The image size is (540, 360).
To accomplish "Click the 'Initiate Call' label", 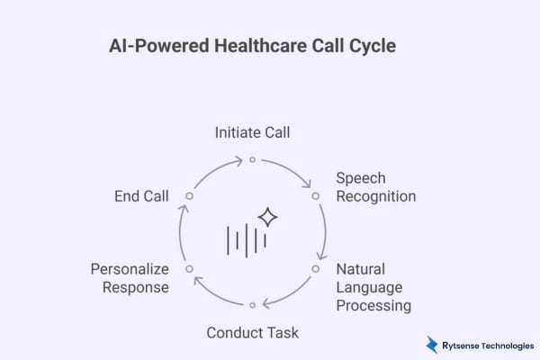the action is (252, 132).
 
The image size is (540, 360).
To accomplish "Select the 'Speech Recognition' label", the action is (375, 186).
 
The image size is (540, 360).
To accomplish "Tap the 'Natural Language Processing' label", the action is (373, 286).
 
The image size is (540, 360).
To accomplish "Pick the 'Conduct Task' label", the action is (252, 332).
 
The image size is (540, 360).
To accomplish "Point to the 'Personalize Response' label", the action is (130, 277).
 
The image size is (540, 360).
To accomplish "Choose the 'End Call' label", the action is (141, 195).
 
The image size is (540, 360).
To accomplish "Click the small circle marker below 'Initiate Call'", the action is (253, 159).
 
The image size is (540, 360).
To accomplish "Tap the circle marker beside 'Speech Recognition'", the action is (316, 195).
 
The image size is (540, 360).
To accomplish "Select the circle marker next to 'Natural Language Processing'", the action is (316, 268).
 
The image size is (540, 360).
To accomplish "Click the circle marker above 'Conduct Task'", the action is (253, 305).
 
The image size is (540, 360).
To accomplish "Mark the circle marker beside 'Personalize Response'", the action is (189, 268).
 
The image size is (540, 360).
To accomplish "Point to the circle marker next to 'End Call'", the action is (189, 195).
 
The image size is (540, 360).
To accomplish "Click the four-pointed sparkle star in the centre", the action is (267, 217).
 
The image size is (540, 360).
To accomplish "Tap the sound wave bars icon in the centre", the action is (246, 239).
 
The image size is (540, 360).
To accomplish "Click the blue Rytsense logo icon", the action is (432, 344).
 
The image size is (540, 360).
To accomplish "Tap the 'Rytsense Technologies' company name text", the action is (487, 344).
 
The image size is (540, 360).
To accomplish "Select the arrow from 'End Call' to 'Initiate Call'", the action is (209, 171).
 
